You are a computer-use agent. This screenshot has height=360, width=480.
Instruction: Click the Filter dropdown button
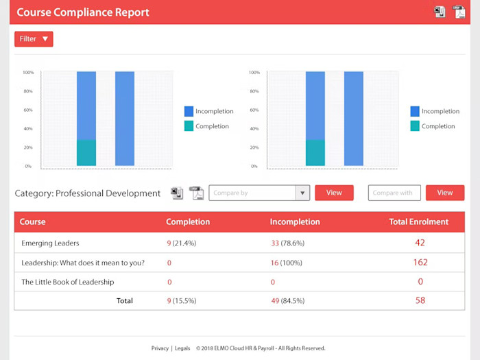tap(34, 39)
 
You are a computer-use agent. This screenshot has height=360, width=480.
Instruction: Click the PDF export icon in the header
tap(459, 12)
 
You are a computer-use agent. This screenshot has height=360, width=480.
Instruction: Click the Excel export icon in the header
tap(440, 12)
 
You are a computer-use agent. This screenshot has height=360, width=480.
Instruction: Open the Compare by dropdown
tap(259, 193)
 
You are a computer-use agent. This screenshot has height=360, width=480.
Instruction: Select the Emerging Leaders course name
tap(50, 243)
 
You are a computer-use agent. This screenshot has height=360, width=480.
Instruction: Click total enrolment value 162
tap(420, 262)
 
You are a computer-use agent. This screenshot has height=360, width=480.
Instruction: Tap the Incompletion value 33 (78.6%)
tap(287, 243)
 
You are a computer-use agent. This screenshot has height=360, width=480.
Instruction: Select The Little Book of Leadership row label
tap(67, 282)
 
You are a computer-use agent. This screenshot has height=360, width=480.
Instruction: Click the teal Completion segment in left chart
tap(86, 153)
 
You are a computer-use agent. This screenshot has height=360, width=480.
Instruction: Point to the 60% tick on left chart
tap(28, 110)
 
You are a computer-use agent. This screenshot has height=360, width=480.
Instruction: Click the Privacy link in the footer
tap(160, 348)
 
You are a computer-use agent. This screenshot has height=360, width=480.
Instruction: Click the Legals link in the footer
tap(182, 348)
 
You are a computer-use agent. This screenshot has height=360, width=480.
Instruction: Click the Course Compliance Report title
tap(82, 12)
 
